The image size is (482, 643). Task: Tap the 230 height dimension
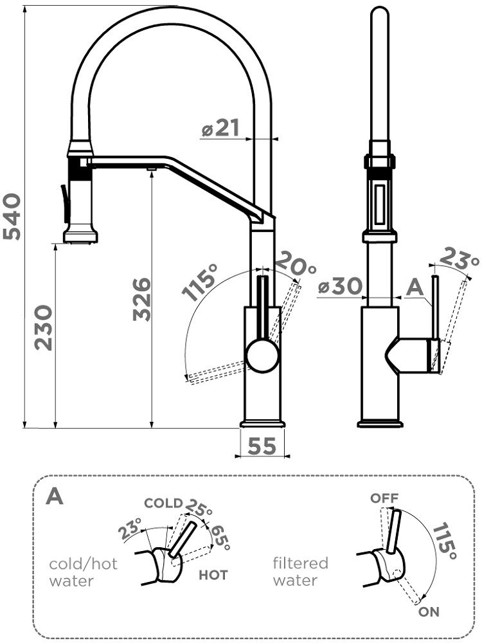44,327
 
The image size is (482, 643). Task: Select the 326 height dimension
142,299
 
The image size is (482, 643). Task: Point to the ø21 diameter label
220,128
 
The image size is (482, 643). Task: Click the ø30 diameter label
340,286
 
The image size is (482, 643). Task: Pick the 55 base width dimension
262,446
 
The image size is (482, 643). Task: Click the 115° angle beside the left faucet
199,282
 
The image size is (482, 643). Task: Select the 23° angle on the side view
459,258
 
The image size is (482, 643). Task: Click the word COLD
163,503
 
